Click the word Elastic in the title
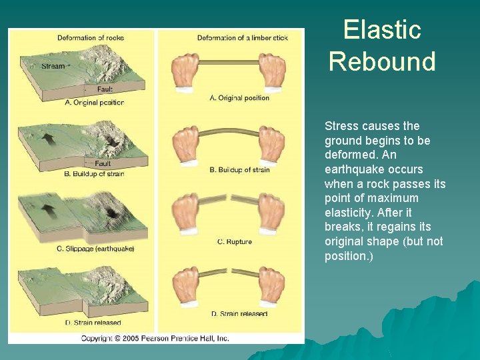pyautogui.click(x=382, y=30)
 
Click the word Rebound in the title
pyautogui.click(x=382, y=61)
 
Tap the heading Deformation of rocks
pyautogui.click(x=91, y=38)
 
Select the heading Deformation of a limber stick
pyautogui.click(x=242, y=38)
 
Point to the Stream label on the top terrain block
pyautogui.click(x=53, y=66)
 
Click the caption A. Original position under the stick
pyautogui.click(x=239, y=98)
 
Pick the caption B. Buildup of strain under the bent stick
pyautogui.click(x=239, y=170)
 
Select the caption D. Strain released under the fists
pyautogui.click(x=239, y=313)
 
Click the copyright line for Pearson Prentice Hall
pyautogui.click(x=155, y=338)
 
